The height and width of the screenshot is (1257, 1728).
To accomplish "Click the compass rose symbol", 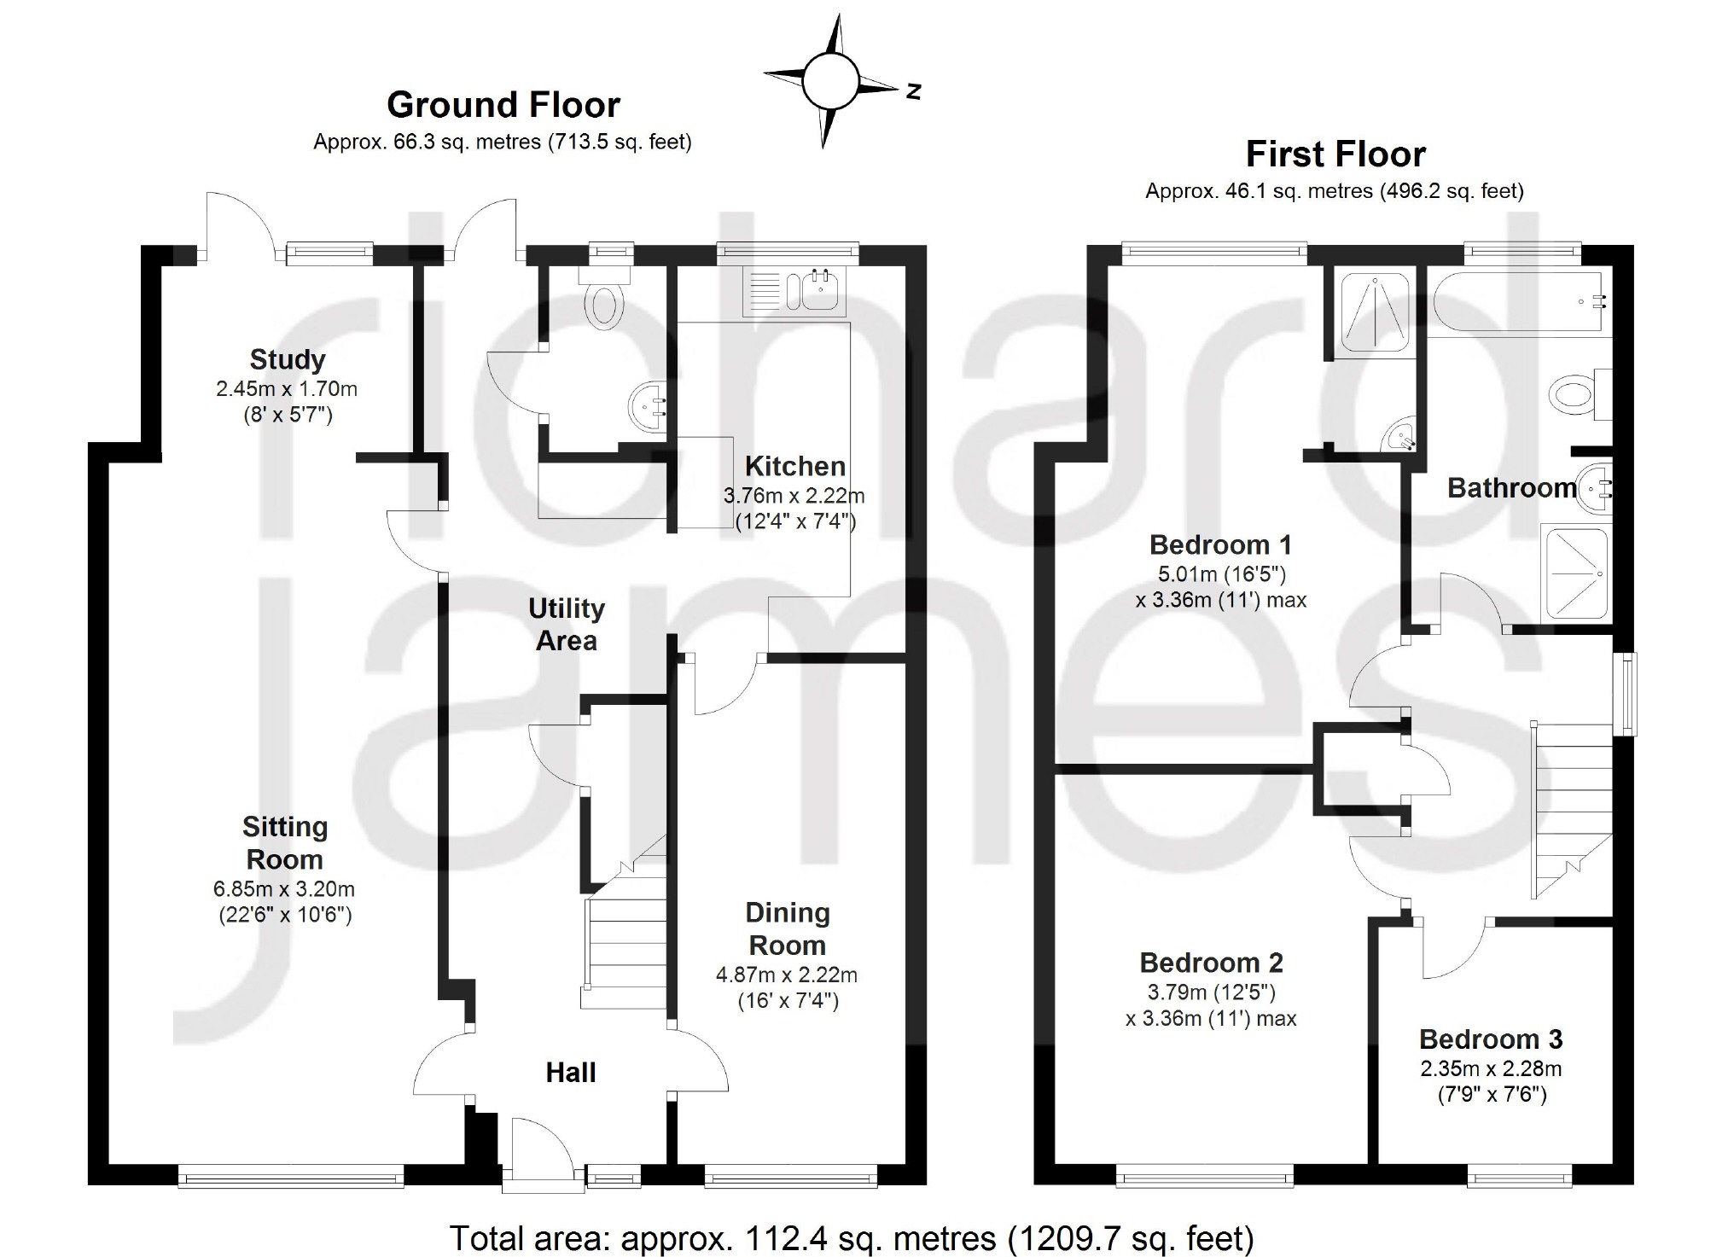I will coord(829,80).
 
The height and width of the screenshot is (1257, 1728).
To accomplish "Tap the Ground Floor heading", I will coord(503,105).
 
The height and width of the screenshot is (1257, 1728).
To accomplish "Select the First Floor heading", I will coord(1335,154).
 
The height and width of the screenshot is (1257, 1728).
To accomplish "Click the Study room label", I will coord(288,359).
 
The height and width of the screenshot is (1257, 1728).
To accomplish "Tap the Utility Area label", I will coord(566,625).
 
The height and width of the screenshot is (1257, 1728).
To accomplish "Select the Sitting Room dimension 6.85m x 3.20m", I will coord(284,889).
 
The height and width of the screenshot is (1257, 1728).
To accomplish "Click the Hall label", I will coord(570,1073).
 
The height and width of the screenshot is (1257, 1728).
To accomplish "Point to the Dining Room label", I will coord(787,928).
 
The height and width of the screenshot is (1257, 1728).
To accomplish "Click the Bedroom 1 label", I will coord(1220,544).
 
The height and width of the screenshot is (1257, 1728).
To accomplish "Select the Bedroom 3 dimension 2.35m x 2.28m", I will coord(1491,1068).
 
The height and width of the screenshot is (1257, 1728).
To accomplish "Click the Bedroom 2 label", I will coord(1211,963).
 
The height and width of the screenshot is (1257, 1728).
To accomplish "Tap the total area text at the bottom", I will coord(851,1237).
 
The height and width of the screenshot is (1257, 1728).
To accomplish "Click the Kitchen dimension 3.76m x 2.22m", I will coord(794,495).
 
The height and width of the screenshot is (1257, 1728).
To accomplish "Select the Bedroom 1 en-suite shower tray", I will coord(1375,311).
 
